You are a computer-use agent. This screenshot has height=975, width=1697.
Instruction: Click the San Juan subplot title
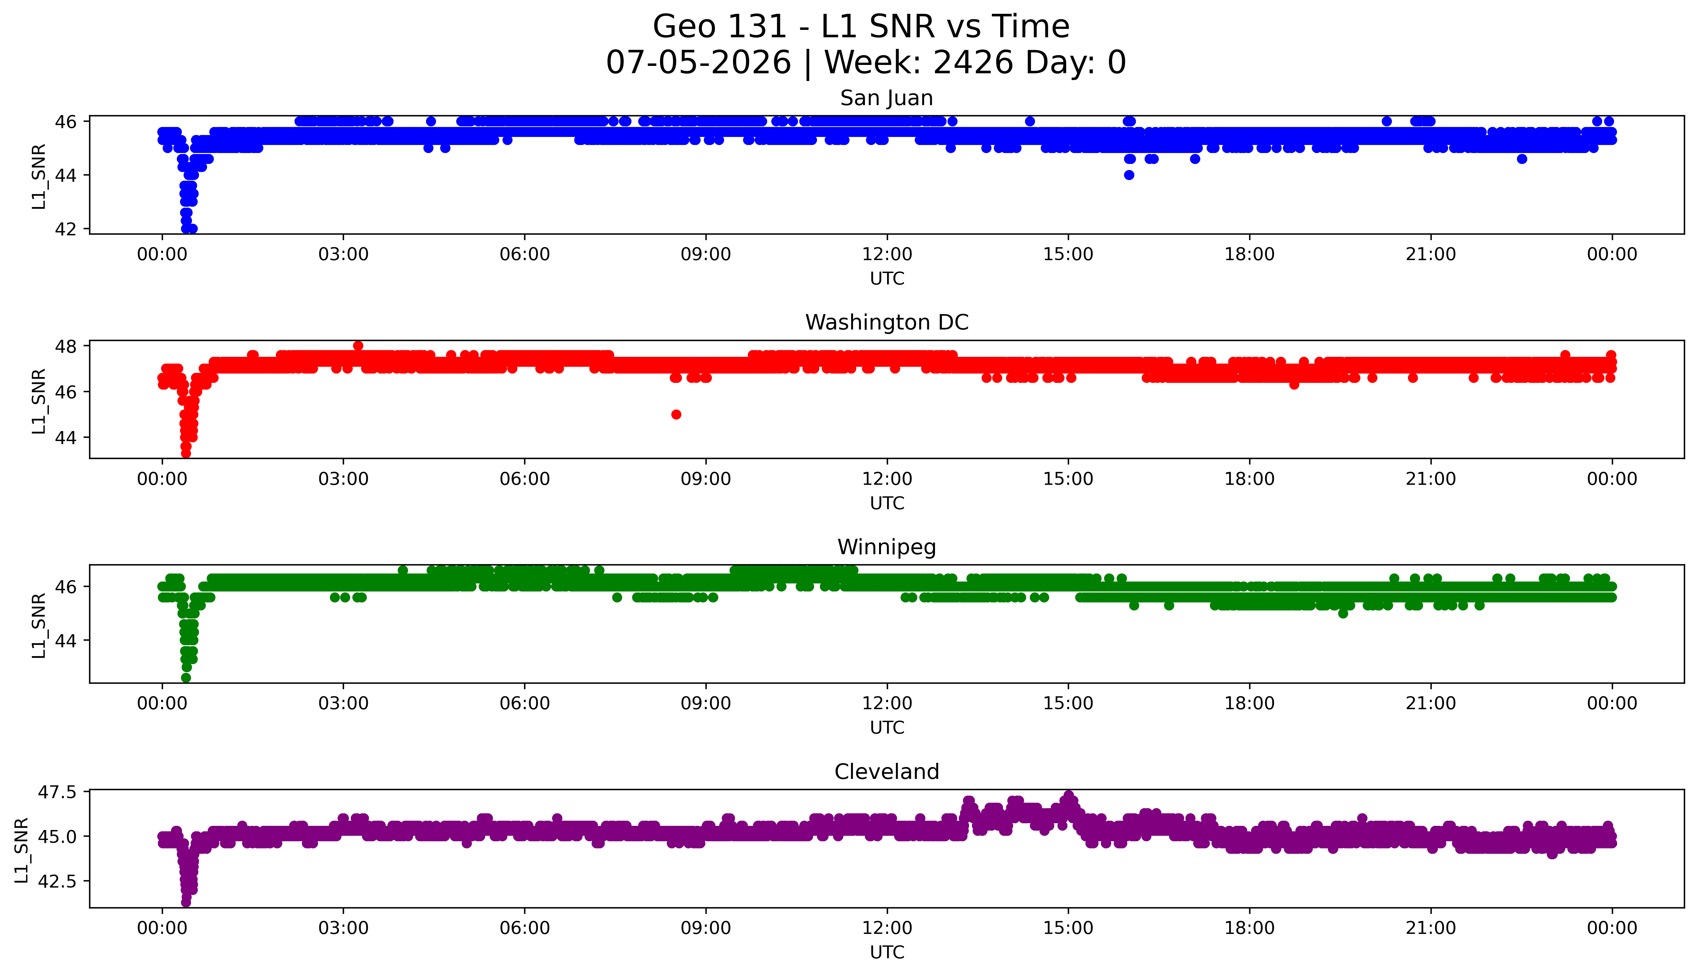pos(887,98)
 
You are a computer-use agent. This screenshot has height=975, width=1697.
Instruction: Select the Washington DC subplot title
pos(887,323)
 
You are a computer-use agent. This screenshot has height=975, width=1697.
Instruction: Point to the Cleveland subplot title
pos(887,772)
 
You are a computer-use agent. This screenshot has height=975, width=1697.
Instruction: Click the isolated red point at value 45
pos(676,414)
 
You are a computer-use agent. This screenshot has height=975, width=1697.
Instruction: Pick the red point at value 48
pos(358,346)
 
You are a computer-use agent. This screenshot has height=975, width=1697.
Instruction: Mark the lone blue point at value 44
pos(1129,175)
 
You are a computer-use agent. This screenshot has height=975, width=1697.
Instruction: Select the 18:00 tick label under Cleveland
pos(1250,928)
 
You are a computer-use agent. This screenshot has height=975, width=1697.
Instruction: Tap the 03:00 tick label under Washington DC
pos(344,480)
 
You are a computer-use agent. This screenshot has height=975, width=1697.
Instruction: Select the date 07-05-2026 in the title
pos(698,63)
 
